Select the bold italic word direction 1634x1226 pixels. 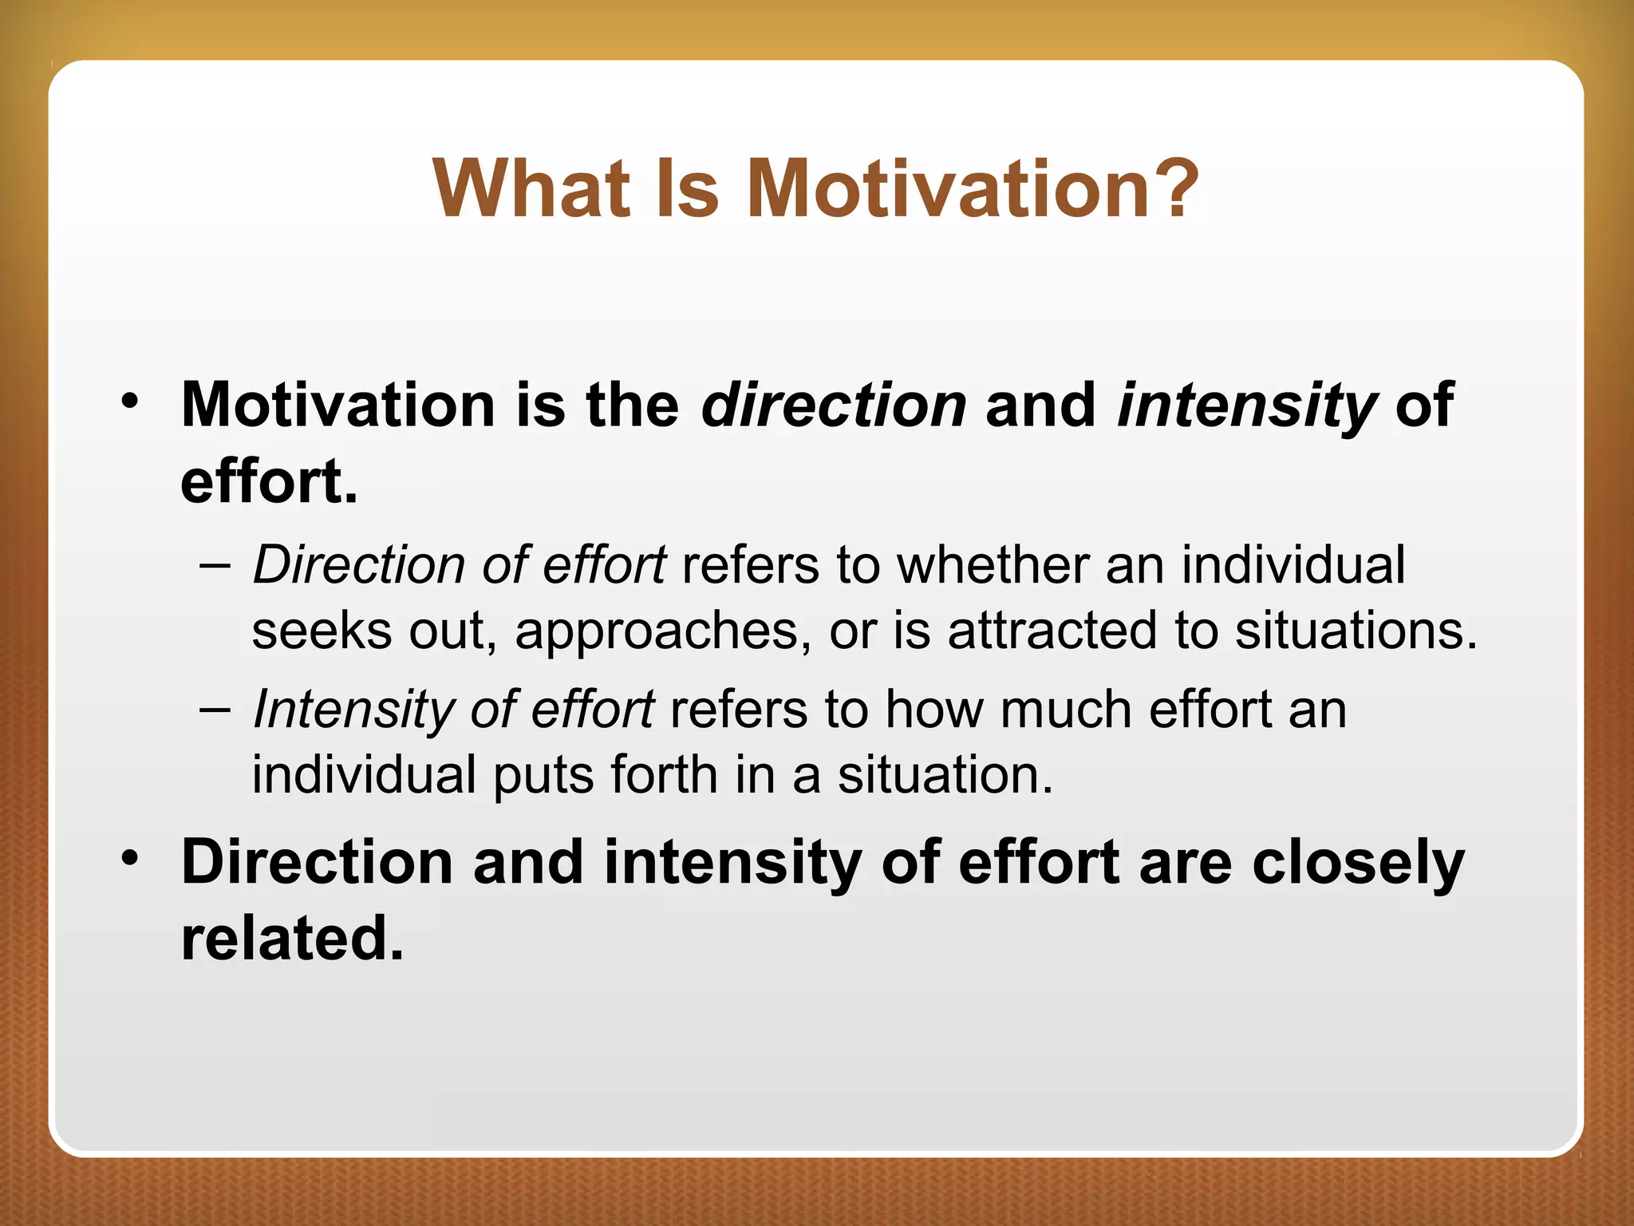point(834,405)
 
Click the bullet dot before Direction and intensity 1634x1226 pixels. point(130,857)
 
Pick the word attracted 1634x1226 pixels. point(1052,631)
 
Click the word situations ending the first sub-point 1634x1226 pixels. point(1355,631)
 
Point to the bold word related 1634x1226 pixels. point(292,938)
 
